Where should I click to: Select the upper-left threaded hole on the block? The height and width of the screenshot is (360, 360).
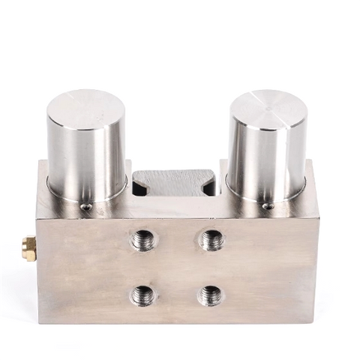click(142, 240)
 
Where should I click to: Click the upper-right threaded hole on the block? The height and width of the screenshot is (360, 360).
click(211, 240)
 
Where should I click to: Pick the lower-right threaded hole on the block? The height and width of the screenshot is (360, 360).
click(211, 295)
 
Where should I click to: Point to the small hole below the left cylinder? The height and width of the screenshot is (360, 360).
click(88, 206)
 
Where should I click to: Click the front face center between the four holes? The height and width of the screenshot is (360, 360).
click(176, 268)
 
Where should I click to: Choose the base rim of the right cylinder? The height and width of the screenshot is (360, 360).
click(266, 196)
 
